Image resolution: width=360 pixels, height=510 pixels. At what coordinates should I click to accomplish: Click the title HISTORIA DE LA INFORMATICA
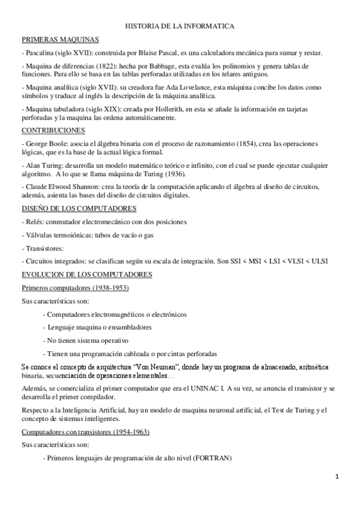[x=180, y=27]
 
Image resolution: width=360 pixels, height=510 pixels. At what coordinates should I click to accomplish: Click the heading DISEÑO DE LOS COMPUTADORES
[x=79, y=208]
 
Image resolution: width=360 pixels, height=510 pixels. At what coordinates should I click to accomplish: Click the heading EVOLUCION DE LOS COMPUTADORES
[x=87, y=274]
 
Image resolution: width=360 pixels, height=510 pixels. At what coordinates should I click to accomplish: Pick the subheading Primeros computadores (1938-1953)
[x=75, y=287]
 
